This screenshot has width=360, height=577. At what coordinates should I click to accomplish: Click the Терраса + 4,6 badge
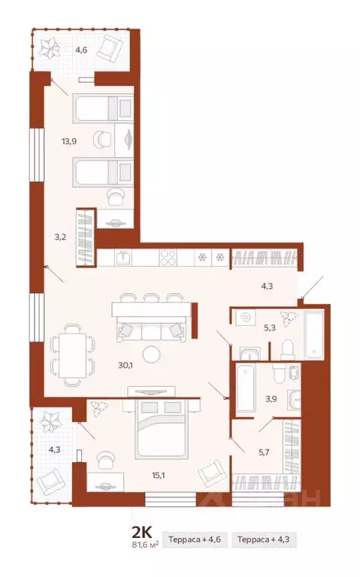[x=195, y=539]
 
